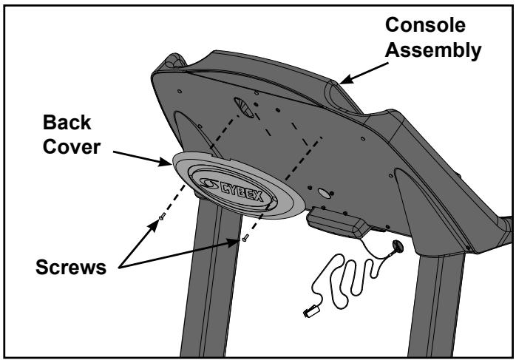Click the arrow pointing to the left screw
click(x=133, y=237)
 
